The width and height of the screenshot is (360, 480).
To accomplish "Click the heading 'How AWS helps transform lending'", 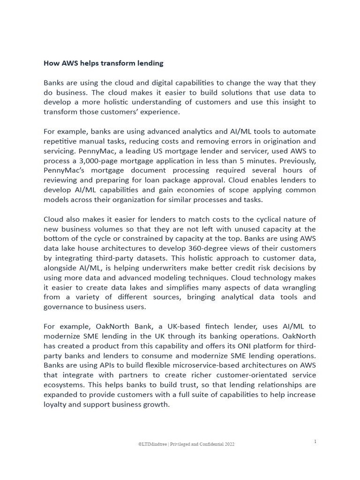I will click(103, 62).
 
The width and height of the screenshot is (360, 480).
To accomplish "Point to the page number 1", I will click(315, 441).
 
